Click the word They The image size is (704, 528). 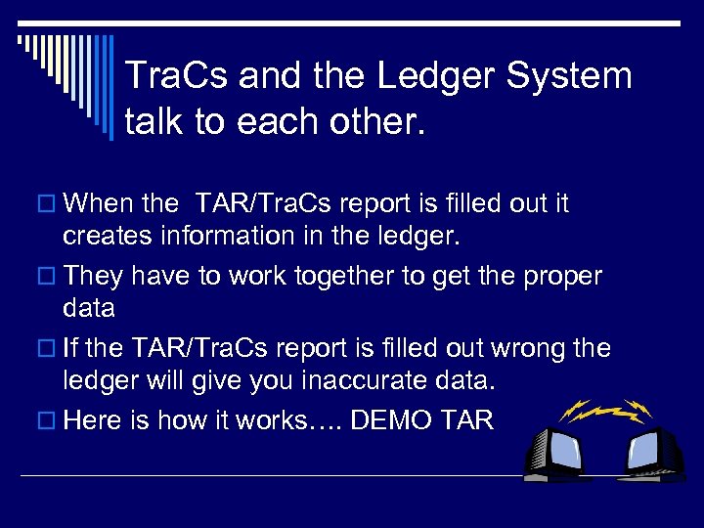(x=93, y=276)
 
